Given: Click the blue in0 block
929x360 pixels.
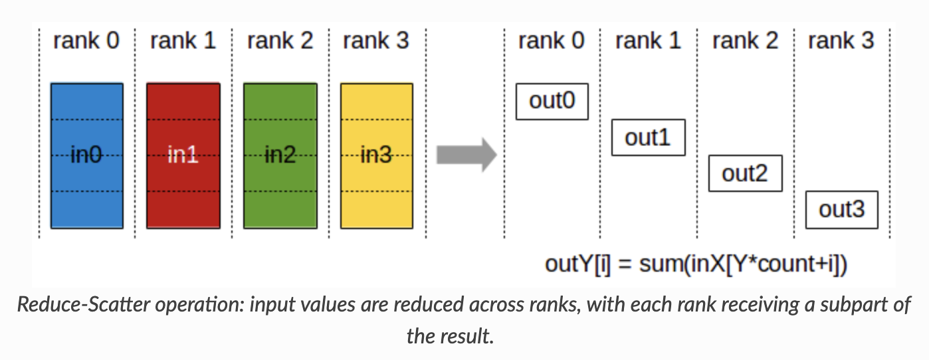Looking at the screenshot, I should coord(87,155).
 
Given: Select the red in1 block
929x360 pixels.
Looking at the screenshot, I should coord(183,155).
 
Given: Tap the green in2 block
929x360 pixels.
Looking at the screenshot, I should coord(280,155).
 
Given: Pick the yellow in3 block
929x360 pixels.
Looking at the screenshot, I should coord(376,155).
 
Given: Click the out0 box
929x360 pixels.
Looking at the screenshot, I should coord(552,101).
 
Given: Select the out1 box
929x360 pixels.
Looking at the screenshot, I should coord(648,137).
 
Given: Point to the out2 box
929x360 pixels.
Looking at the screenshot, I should coord(745,173).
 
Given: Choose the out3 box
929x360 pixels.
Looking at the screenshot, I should coord(841,210).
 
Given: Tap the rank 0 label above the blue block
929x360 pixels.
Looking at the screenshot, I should coord(86,41).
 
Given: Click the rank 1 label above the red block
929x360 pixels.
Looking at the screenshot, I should coord(183,41).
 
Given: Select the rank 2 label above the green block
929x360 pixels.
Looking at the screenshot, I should coord(280,41).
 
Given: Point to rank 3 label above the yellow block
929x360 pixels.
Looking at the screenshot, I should coord(376,41).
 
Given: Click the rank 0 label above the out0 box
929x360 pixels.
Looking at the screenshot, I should coord(552,41).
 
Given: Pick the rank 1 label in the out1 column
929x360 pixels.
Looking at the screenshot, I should coord(649,41).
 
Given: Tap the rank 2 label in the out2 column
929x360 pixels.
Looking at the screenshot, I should coord(745,41).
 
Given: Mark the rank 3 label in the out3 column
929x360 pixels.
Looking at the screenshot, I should coord(841,41).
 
